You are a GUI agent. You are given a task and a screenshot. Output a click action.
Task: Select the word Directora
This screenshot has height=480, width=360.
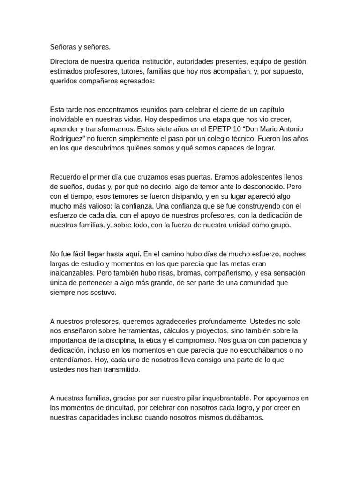coord(65,61)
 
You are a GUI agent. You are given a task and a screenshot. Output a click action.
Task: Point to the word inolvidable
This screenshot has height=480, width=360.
coord(69,119)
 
